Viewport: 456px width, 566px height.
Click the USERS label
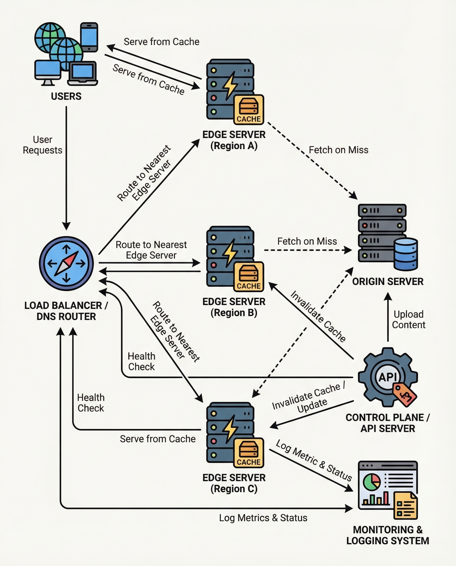click(x=66, y=96)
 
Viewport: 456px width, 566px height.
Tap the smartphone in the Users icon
click(x=89, y=37)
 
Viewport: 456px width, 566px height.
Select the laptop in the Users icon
click(x=83, y=73)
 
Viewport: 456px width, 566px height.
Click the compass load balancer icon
click(x=66, y=263)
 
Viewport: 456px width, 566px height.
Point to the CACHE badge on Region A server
click(x=248, y=110)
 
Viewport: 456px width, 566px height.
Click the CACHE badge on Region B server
click(x=248, y=277)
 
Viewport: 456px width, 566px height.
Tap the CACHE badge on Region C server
click(x=248, y=453)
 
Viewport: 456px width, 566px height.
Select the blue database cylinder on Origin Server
click(x=406, y=254)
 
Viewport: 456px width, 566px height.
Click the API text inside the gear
click(x=387, y=377)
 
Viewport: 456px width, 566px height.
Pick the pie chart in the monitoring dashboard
click(x=371, y=481)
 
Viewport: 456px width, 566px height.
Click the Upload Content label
click(x=408, y=319)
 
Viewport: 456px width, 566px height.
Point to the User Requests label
click(x=43, y=145)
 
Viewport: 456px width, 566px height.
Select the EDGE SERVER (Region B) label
click(x=234, y=307)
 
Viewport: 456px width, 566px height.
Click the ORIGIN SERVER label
click(x=388, y=282)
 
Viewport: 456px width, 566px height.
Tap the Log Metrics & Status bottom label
click(x=263, y=518)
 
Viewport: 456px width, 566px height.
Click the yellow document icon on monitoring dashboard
click(x=405, y=506)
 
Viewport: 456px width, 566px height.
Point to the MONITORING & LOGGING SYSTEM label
click(x=388, y=535)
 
